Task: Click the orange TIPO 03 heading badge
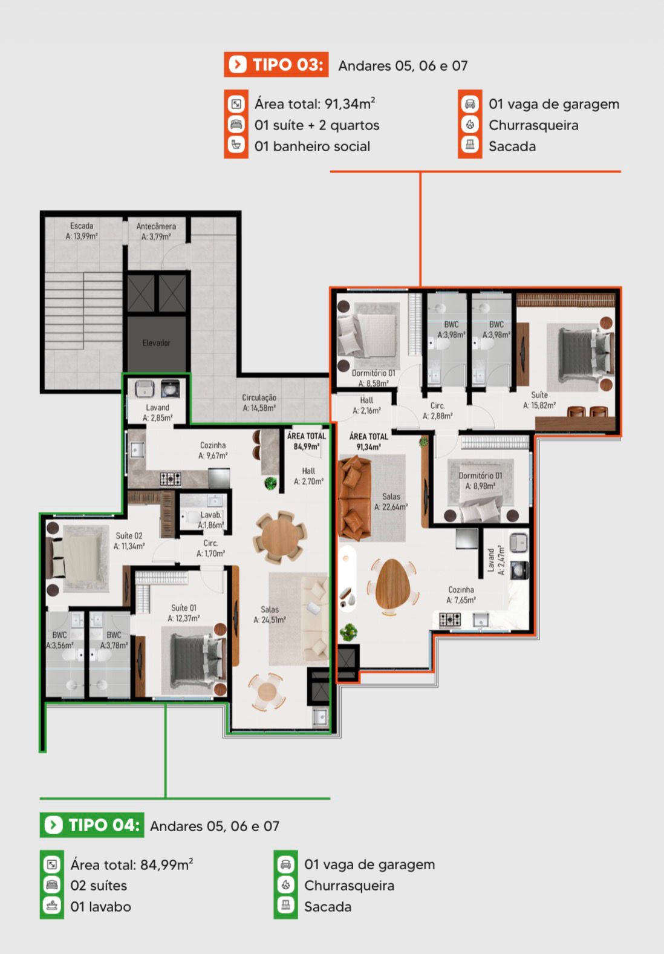pyautogui.click(x=276, y=65)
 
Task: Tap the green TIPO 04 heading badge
pyautogui.click(x=91, y=825)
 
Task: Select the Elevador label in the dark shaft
pyautogui.click(x=156, y=343)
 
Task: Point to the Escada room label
pyautogui.click(x=82, y=231)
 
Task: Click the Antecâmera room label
pyautogui.click(x=156, y=231)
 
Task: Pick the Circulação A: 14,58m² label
pyautogui.click(x=259, y=402)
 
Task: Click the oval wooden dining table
pyautogui.click(x=393, y=584)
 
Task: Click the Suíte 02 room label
pyautogui.click(x=129, y=541)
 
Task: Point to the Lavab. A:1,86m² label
pyautogui.click(x=210, y=520)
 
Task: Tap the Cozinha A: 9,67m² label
pyautogui.click(x=213, y=450)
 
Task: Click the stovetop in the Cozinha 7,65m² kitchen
pyautogui.click(x=450, y=619)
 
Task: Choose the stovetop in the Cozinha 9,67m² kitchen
pyautogui.click(x=171, y=479)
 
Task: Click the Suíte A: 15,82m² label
pyautogui.click(x=539, y=400)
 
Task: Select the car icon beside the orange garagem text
pyautogui.click(x=470, y=103)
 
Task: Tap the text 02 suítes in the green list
pyautogui.click(x=99, y=886)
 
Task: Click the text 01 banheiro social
pyautogui.click(x=313, y=146)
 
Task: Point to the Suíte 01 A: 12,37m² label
pyautogui.click(x=183, y=613)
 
